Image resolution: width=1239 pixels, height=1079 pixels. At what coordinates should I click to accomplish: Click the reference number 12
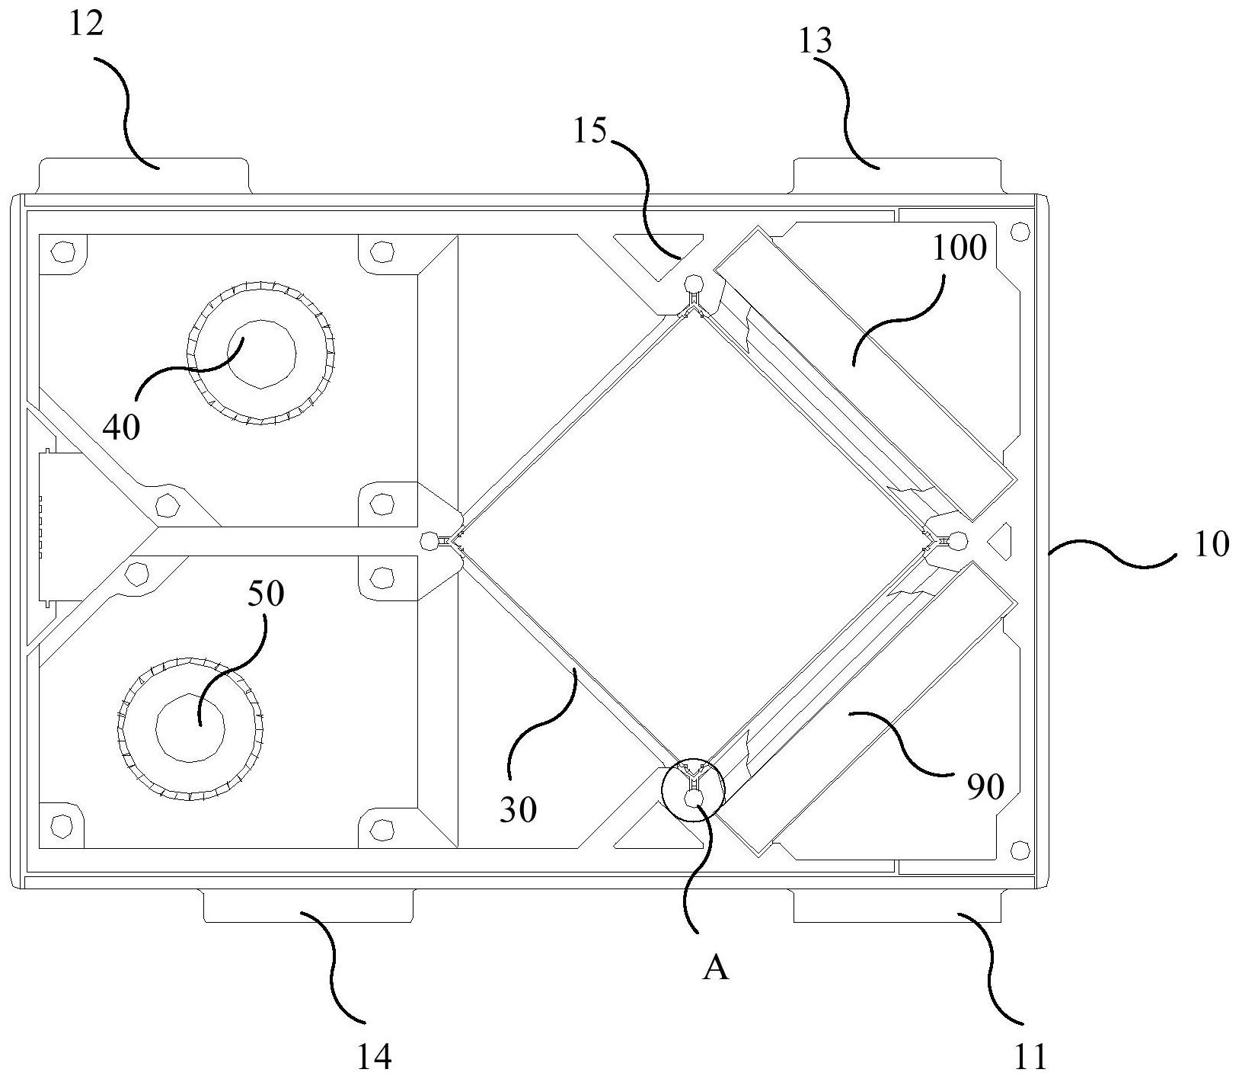[x=85, y=25]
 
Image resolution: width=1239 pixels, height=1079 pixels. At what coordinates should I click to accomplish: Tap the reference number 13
[x=814, y=41]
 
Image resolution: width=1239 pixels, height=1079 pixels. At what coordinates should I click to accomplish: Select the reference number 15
[x=590, y=131]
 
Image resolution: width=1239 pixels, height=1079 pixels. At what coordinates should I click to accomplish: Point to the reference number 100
[x=959, y=248]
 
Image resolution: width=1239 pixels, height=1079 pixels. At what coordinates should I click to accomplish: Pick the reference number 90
[x=986, y=787]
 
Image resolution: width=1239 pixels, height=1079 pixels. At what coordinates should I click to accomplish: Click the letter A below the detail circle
[x=716, y=969]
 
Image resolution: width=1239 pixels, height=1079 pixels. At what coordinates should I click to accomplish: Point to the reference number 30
[x=518, y=810]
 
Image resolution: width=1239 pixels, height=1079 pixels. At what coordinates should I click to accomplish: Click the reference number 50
[x=265, y=594]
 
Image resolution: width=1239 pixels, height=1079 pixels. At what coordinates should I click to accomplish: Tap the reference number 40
[x=121, y=427]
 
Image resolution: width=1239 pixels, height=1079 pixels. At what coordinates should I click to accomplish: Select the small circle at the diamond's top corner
[x=694, y=283]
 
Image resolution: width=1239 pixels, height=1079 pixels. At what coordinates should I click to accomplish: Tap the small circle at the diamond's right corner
[x=957, y=540]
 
